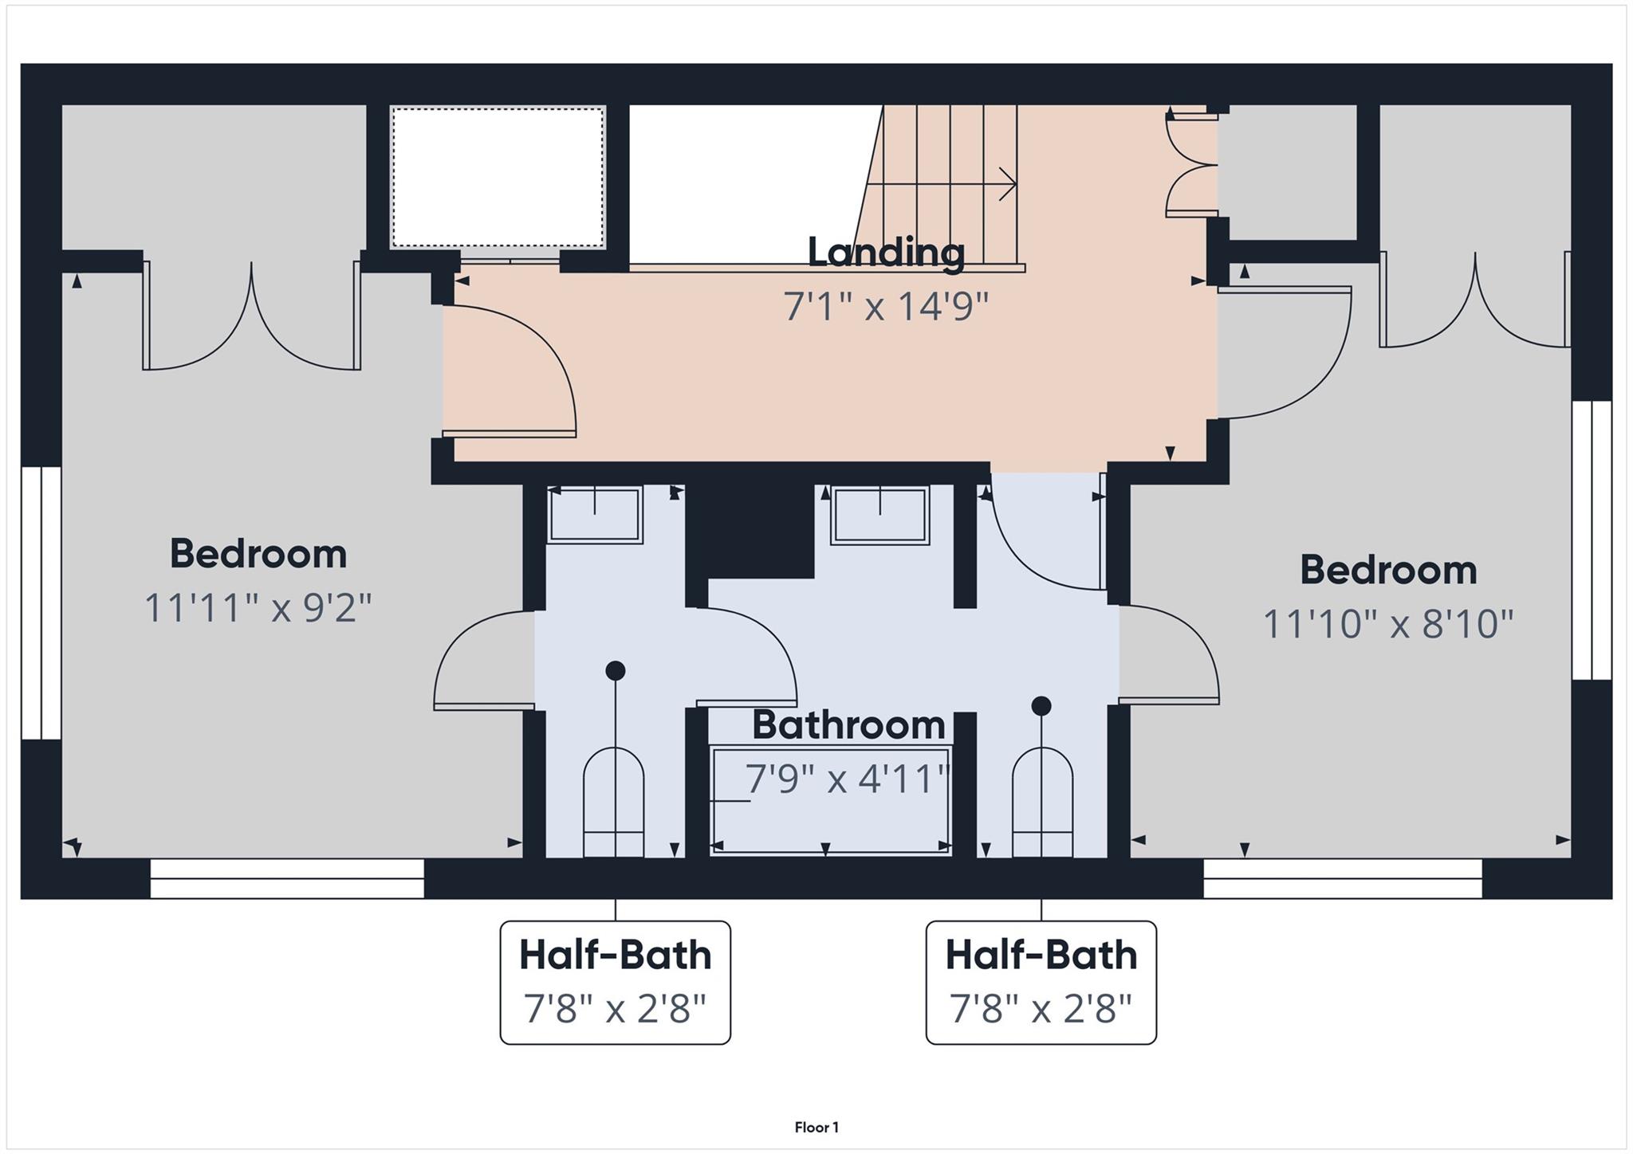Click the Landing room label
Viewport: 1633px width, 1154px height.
pyautogui.click(x=886, y=252)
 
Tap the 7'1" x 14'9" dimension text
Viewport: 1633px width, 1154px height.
pyautogui.click(x=886, y=306)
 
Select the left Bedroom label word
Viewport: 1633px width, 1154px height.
pyautogui.click(x=258, y=554)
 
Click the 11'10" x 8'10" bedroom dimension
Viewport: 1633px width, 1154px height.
pyautogui.click(x=1388, y=623)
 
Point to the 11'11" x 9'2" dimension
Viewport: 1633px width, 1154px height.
pyautogui.click(x=258, y=607)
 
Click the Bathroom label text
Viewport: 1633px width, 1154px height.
pyautogui.click(x=848, y=724)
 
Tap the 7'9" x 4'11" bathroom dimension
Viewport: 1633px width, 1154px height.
pyautogui.click(x=848, y=779)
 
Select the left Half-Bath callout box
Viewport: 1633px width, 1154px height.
pyautogui.click(x=615, y=982)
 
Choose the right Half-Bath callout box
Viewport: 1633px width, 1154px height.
pyautogui.click(x=1041, y=982)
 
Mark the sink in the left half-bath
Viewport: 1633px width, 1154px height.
pyautogui.click(x=595, y=515)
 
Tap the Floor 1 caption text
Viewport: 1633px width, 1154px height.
pyautogui.click(x=816, y=1127)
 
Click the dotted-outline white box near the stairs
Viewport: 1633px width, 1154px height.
pyautogui.click(x=498, y=177)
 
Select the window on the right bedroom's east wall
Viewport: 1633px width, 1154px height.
pyautogui.click(x=1592, y=540)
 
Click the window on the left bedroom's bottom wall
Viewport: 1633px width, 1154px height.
pyautogui.click(x=287, y=878)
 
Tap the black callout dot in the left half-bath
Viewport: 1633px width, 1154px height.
pyautogui.click(x=615, y=670)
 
